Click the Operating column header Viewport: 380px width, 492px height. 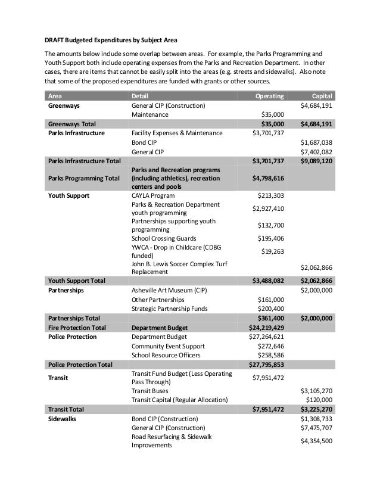click(269, 95)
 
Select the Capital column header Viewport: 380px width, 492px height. click(322, 95)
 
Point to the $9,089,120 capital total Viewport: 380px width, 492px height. click(316, 161)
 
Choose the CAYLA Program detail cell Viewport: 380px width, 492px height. click(153, 195)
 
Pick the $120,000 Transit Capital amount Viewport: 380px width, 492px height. click(319, 399)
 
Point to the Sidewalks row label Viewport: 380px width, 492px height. click(63, 419)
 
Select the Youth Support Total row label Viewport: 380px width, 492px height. click(77, 279)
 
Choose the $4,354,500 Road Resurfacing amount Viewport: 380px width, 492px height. click(317, 441)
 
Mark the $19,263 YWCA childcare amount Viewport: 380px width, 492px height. click(270, 251)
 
